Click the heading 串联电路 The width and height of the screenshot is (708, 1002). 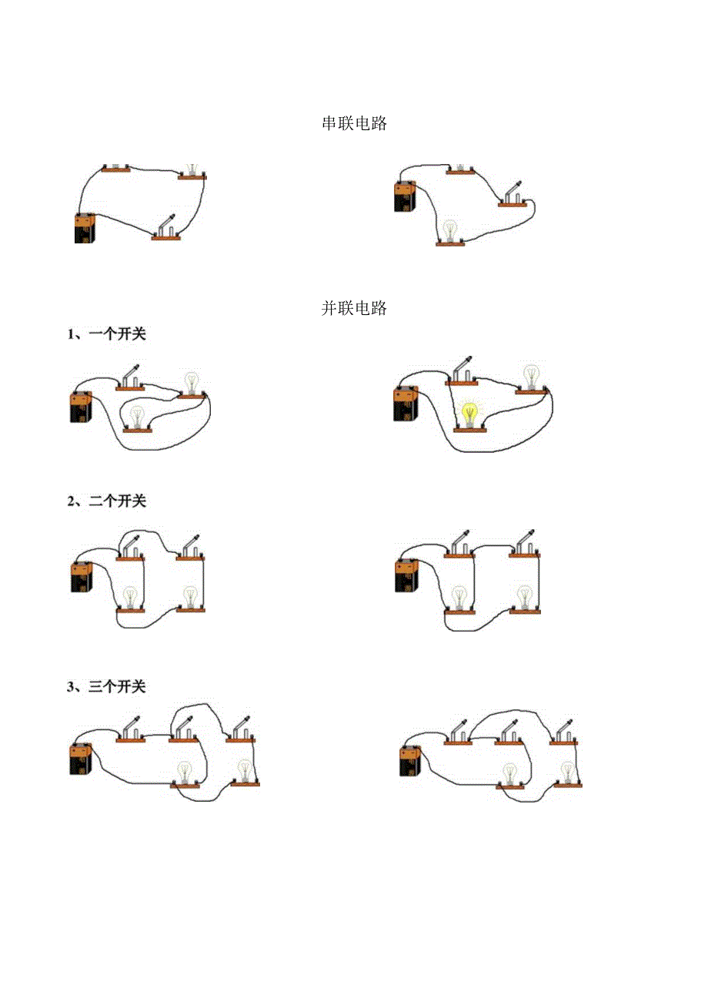(354, 124)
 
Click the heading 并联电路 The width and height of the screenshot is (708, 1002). (354, 309)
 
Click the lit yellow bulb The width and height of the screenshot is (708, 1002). (469, 414)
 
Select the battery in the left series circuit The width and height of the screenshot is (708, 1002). (85, 228)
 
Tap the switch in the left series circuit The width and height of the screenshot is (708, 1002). (166, 228)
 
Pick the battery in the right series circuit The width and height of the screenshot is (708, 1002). (405, 196)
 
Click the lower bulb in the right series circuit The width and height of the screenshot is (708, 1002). (450, 231)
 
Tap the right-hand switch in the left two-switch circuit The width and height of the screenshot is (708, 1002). (191, 548)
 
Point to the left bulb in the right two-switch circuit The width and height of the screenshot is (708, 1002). (459, 598)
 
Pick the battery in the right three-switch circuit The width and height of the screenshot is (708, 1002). (412, 761)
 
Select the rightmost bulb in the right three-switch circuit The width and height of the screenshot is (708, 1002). (568, 773)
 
